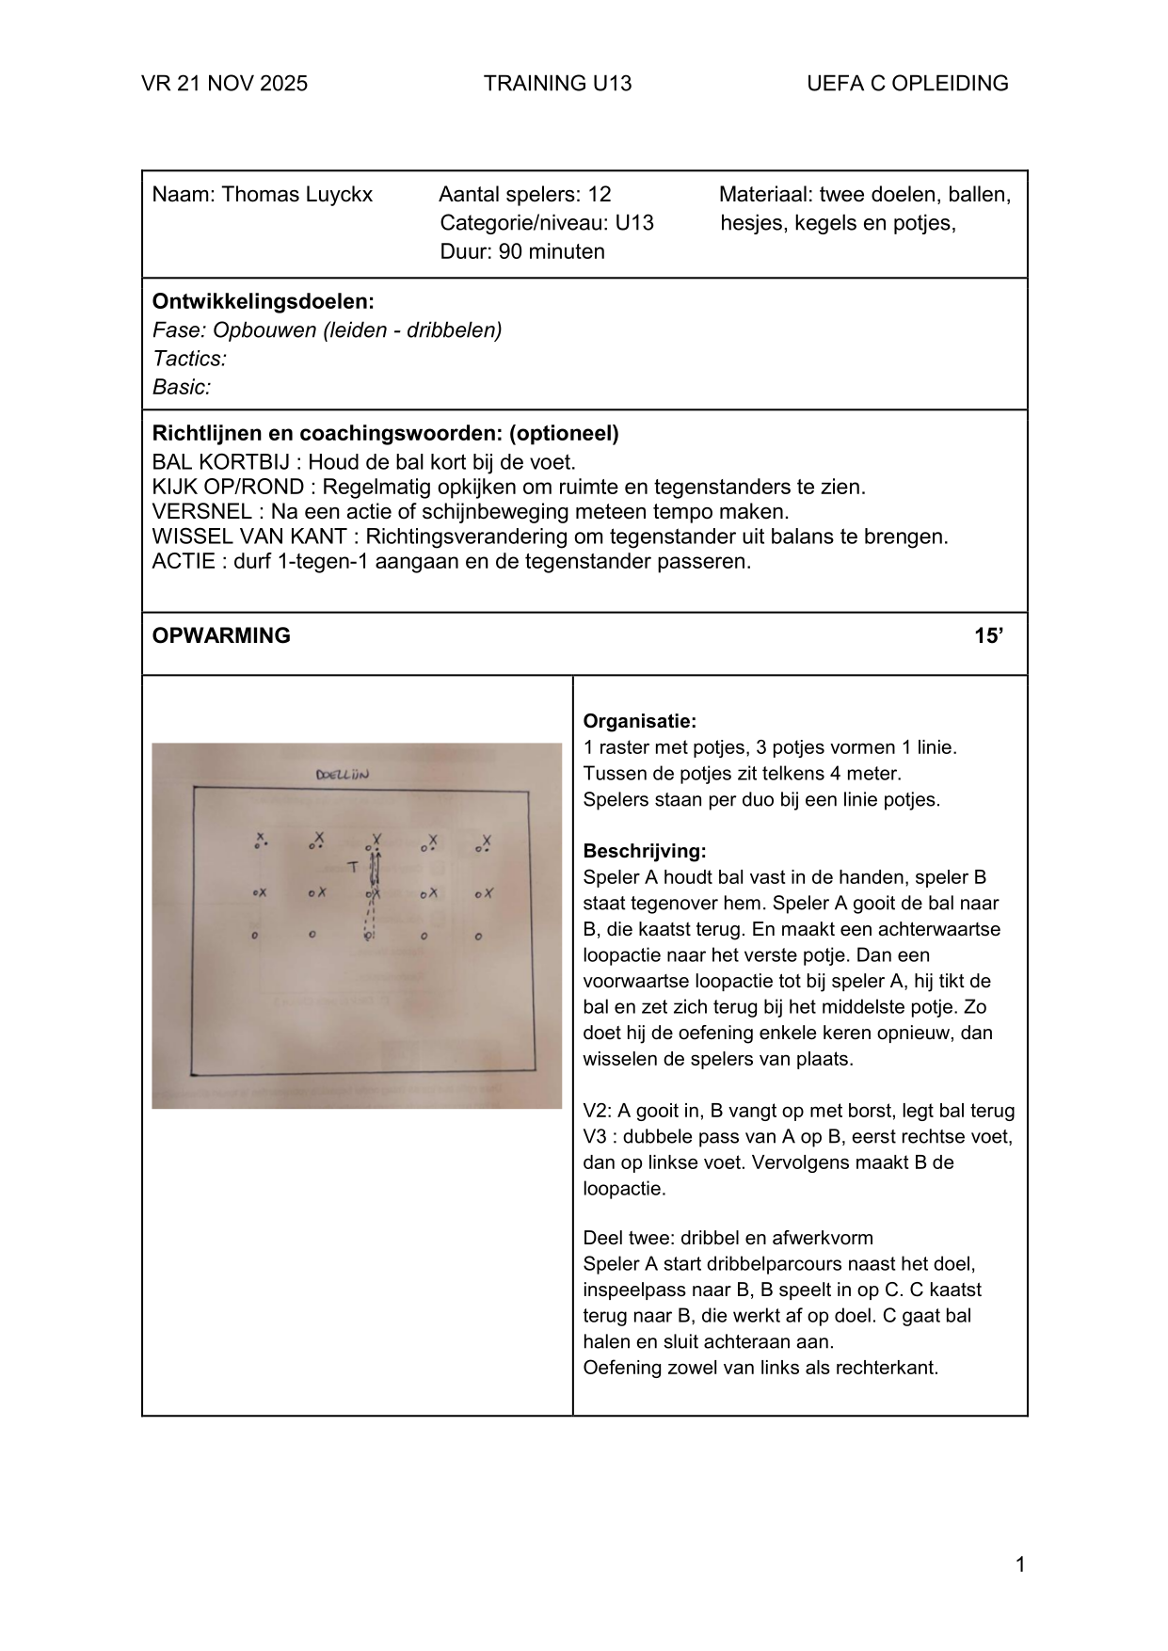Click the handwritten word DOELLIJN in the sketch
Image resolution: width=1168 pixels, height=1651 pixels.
tap(344, 776)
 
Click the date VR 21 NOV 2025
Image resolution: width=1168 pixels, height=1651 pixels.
tap(224, 84)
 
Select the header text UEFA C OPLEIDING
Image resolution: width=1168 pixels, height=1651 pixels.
tap(906, 84)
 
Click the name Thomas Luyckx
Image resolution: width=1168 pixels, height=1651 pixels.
tap(296, 195)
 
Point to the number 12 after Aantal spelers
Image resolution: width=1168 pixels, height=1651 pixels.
tap(600, 195)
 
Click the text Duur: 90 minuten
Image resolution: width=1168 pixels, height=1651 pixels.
tap(521, 251)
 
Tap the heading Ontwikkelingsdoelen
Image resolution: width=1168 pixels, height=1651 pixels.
tap(263, 302)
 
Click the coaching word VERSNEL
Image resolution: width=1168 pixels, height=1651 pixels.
tap(201, 512)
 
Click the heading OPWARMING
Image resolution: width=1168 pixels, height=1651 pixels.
tap(221, 636)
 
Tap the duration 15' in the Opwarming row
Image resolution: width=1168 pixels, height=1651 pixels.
tap(987, 636)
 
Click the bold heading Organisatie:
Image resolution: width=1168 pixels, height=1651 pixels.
tap(639, 722)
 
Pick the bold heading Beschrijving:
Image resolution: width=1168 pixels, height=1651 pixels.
tap(644, 852)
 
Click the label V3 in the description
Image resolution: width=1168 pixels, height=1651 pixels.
tap(596, 1137)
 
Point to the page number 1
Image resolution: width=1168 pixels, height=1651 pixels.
tap(1020, 1565)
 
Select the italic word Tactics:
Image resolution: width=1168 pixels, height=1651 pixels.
tap(189, 359)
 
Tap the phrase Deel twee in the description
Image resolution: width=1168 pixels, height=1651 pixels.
tap(622, 1238)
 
